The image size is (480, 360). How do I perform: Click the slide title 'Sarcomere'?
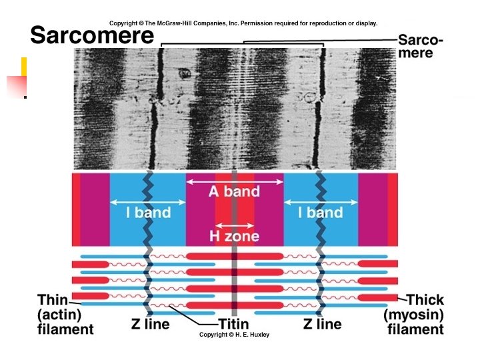[x=92, y=35]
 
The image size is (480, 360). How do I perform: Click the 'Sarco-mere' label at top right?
[x=420, y=46]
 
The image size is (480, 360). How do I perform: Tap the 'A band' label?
[x=234, y=192]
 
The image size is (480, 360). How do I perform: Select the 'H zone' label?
[x=234, y=236]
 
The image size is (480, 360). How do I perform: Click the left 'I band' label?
[x=148, y=213]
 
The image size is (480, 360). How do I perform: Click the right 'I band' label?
[x=320, y=213]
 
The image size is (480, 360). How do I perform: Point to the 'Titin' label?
[x=234, y=325]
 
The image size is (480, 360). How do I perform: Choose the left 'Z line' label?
[x=149, y=325]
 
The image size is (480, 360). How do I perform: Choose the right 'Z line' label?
[x=322, y=325]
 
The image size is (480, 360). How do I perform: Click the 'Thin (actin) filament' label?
[x=65, y=315]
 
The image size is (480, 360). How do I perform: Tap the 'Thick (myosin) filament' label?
[x=414, y=315]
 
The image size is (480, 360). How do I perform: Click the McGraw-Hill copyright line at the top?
[x=243, y=23]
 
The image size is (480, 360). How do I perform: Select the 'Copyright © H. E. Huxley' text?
[x=234, y=335]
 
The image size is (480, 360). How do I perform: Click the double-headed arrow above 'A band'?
[x=234, y=181]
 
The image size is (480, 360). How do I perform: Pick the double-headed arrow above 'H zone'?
[x=234, y=224]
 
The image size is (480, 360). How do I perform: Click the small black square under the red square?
[x=25, y=97]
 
